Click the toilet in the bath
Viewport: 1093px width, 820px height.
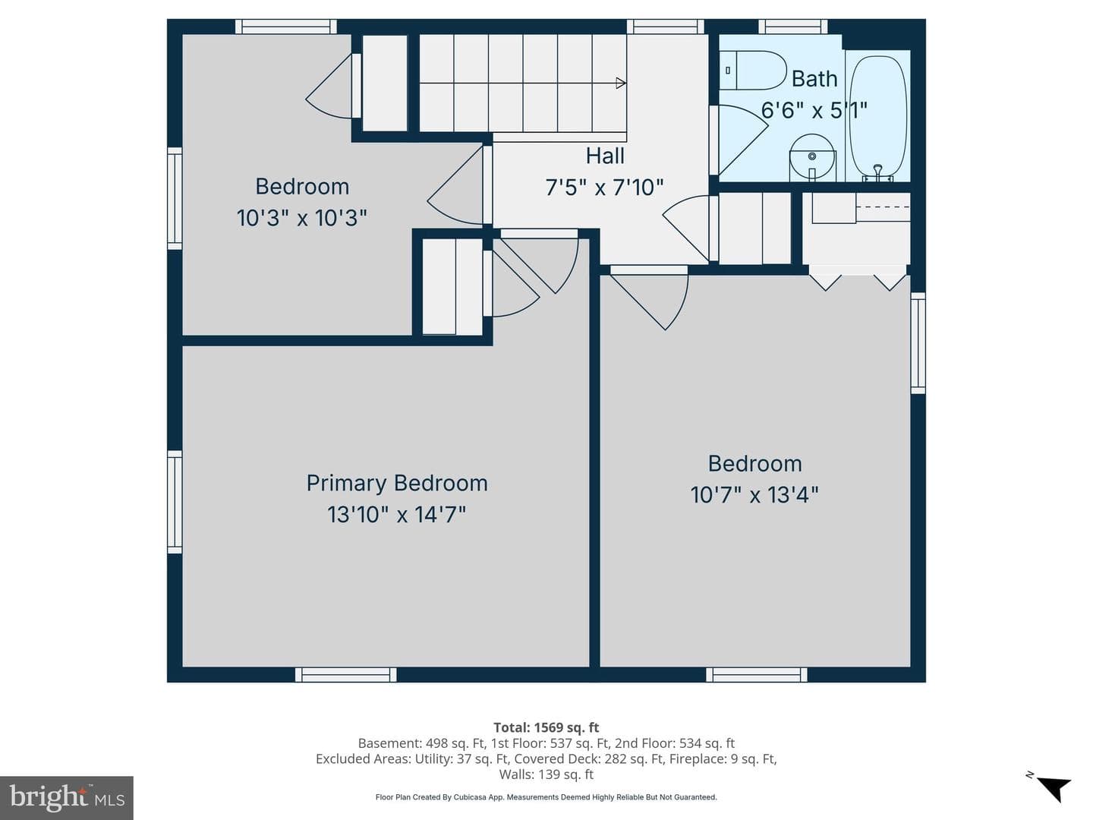tap(752, 70)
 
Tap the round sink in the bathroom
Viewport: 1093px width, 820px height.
tap(812, 157)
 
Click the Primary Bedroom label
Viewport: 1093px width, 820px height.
tap(397, 484)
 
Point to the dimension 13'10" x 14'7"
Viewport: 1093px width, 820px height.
tap(396, 514)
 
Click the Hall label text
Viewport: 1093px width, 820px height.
tap(604, 156)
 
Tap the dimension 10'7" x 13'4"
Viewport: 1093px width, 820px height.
tap(754, 495)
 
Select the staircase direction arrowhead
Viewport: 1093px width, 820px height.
tap(621, 84)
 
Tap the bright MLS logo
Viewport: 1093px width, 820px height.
tap(67, 797)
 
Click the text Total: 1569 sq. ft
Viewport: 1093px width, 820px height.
tap(546, 727)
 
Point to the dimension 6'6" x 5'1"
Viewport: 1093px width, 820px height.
tap(814, 110)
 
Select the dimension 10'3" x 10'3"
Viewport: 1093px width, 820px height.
tap(302, 218)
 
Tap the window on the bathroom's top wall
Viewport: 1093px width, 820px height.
tap(792, 27)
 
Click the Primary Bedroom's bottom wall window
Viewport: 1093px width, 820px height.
tap(346, 675)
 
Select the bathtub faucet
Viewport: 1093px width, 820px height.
tap(878, 172)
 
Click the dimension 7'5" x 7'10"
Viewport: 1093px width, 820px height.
tap(604, 188)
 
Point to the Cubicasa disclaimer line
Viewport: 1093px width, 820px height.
tap(546, 797)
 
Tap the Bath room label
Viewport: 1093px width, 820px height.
tap(814, 79)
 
